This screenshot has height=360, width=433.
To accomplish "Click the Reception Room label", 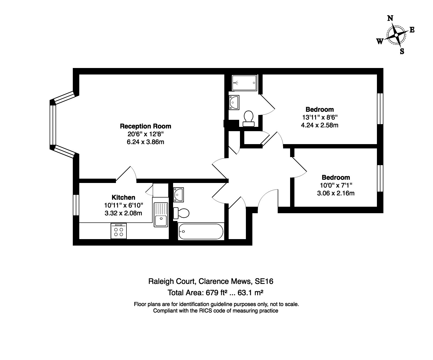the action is tap(145, 126).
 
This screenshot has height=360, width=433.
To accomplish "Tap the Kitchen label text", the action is tap(123, 197).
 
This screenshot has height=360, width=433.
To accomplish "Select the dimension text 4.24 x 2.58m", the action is tap(319, 125).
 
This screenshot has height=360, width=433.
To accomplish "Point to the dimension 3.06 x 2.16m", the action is tap(336, 193).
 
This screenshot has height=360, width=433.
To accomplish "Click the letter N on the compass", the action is tap(390, 18).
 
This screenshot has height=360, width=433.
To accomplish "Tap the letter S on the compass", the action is tap(402, 51).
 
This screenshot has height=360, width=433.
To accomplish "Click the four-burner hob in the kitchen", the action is tap(119, 231).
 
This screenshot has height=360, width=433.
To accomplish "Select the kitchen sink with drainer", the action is tap(161, 215).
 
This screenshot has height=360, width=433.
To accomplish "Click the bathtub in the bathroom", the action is tap(201, 232).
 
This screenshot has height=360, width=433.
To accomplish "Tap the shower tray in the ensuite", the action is tap(244, 83).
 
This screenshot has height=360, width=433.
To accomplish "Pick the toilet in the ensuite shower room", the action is tap(248, 119).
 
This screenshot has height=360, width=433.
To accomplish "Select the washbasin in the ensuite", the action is tap(234, 103).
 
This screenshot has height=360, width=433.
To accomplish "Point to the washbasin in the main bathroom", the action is tap(178, 195).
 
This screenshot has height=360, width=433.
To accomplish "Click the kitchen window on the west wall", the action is tap(76, 205).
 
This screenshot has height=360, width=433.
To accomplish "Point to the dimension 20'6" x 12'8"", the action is tap(145, 134).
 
